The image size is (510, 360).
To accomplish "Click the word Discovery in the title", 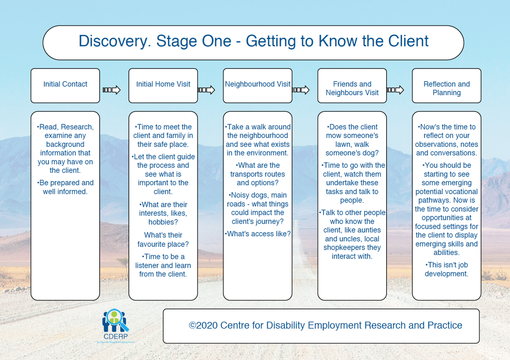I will (x=114, y=41).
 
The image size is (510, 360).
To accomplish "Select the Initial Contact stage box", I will (x=65, y=85).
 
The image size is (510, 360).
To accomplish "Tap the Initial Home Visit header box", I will (x=163, y=85).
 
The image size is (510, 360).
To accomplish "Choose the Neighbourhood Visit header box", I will (x=258, y=85).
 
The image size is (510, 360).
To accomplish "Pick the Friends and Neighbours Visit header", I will (x=352, y=88).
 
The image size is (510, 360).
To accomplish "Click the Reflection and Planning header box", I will (x=446, y=88).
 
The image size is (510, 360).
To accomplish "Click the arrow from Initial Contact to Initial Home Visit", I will (x=112, y=90).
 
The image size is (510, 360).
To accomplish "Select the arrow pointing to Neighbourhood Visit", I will (x=206, y=90).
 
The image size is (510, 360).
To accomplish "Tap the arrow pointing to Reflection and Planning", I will (x=395, y=90).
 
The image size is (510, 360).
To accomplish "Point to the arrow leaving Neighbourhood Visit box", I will (x=301, y=90).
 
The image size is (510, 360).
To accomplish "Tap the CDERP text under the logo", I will (x=116, y=337).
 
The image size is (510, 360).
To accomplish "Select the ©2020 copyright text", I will (x=325, y=325).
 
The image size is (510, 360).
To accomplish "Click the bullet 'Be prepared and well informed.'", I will (x=65, y=187).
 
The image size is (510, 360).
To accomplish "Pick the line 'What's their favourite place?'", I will (x=163, y=239).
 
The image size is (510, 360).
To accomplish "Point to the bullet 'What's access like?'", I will (x=258, y=234).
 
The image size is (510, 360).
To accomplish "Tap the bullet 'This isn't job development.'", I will (x=446, y=269).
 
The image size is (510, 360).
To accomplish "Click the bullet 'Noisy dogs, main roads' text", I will (x=258, y=208).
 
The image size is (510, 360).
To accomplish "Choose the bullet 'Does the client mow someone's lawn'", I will (x=352, y=140).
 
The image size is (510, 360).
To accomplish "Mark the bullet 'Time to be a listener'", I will (x=163, y=265).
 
